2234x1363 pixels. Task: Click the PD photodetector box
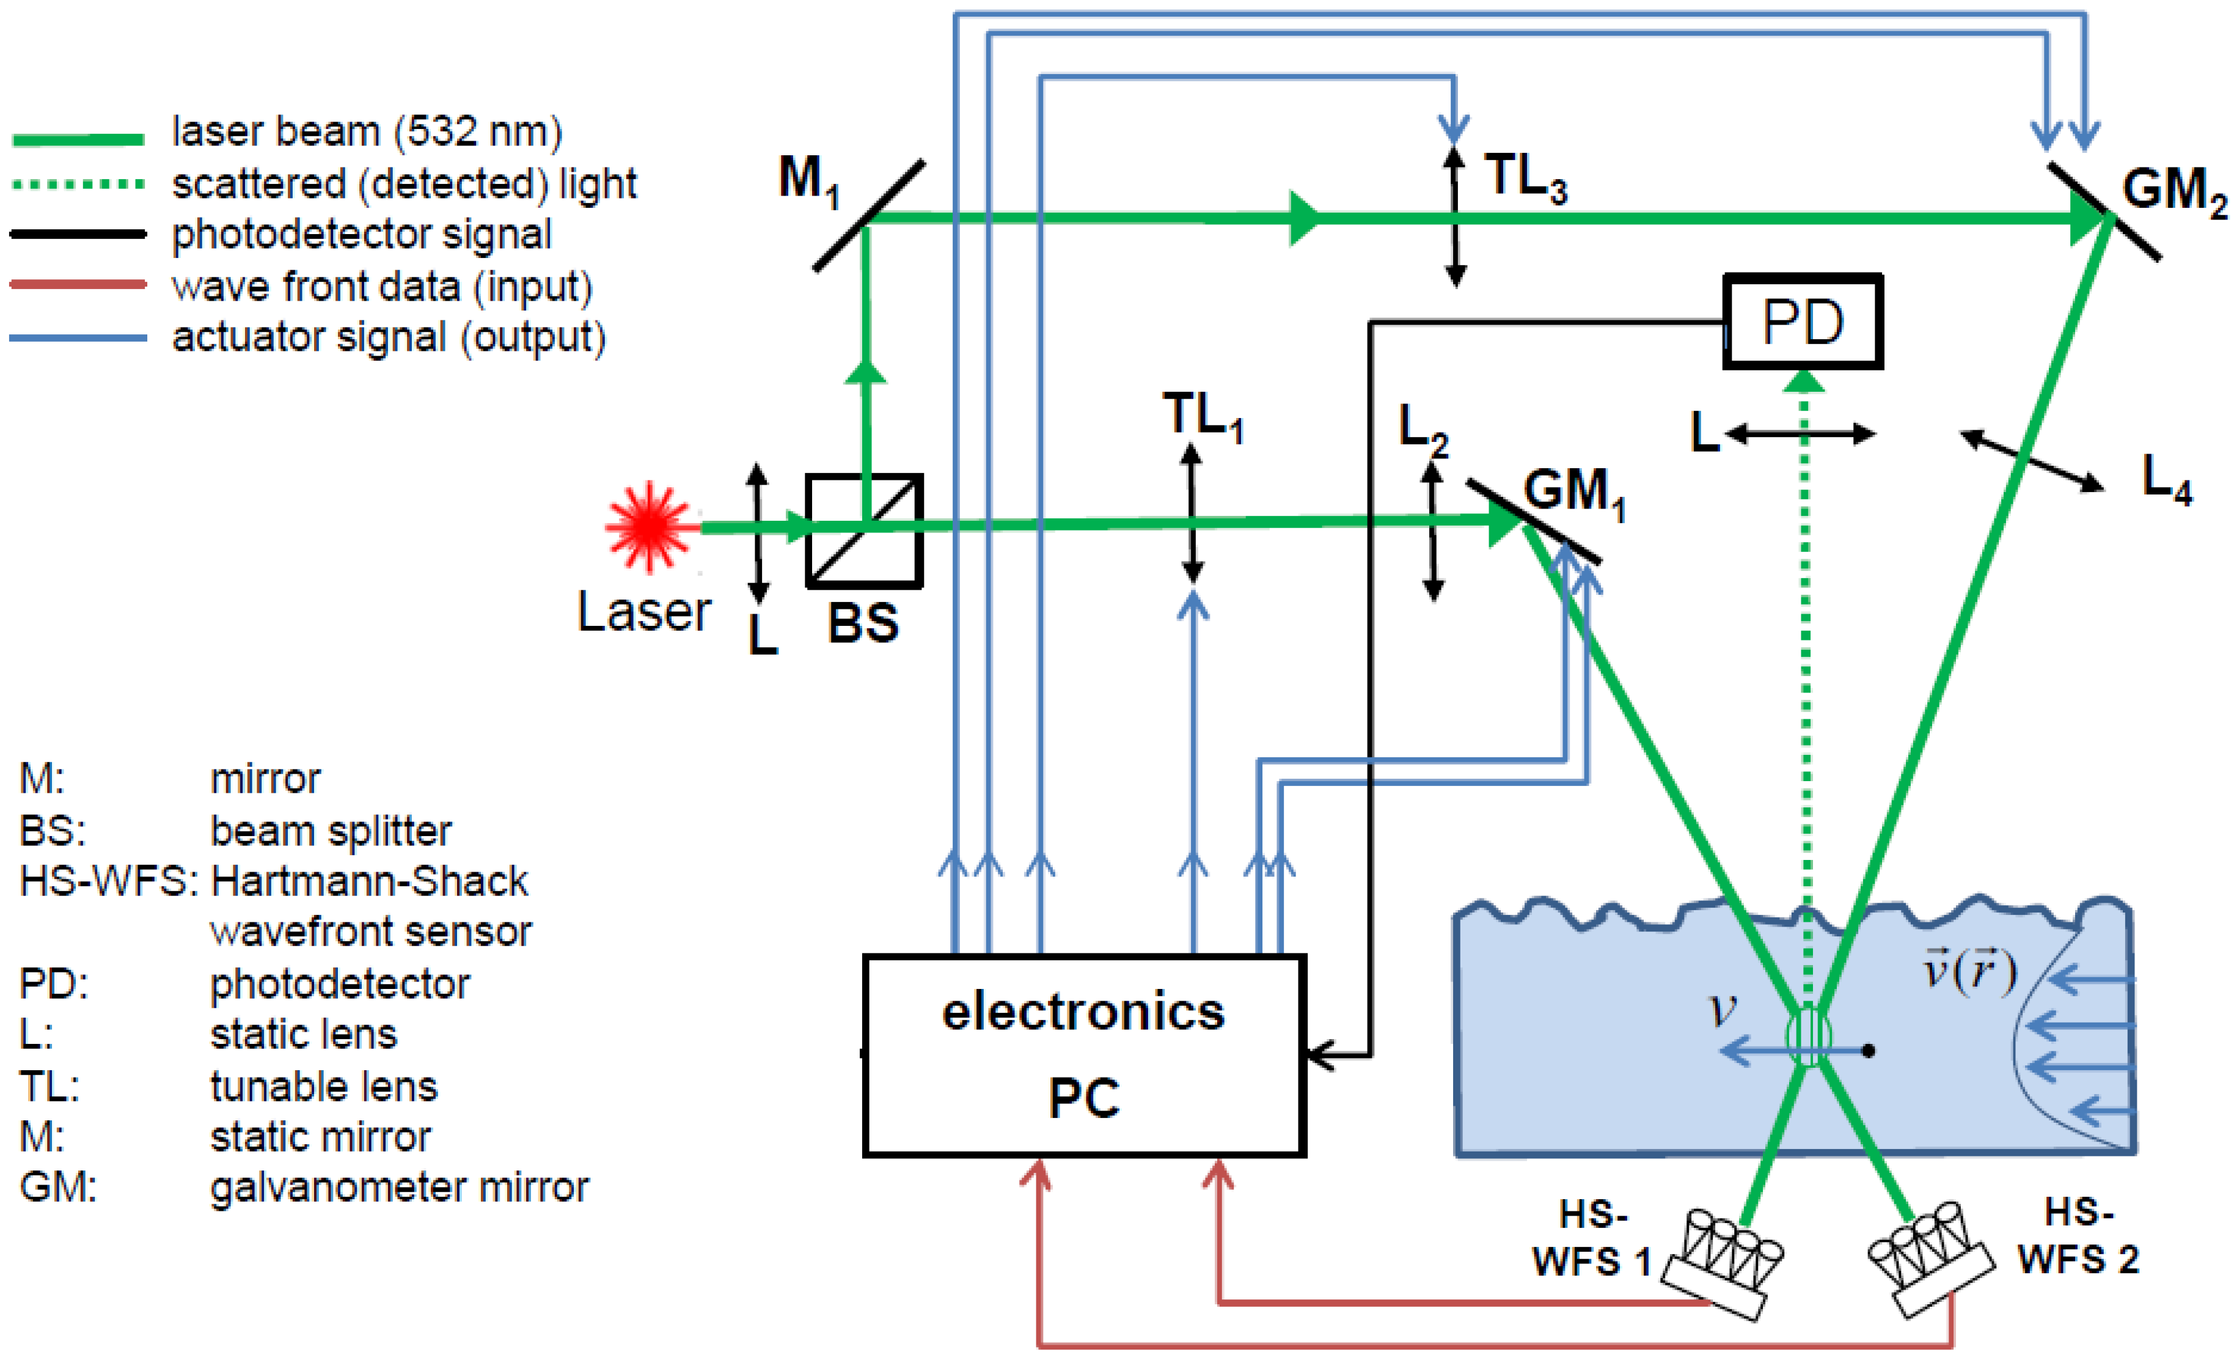pyautogui.click(x=1803, y=322)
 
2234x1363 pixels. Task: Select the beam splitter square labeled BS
pyautogui.click(x=864, y=531)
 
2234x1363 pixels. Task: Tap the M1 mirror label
pyautogui.click(x=809, y=180)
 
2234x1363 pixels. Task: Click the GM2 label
pyautogui.click(x=2174, y=193)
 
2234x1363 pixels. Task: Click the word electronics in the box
pyautogui.click(x=1083, y=1012)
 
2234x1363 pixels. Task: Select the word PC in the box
pyautogui.click(x=1083, y=1098)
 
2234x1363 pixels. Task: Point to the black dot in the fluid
pyautogui.click(x=1869, y=1051)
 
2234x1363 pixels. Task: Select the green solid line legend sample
pyautogui.click(x=79, y=139)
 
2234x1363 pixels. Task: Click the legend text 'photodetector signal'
pyautogui.click(x=362, y=235)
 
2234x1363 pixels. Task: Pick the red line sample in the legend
pyautogui.click(x=79, y=285)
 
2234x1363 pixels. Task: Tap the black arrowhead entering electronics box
pyautogui.click(x=1319, y=1056)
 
